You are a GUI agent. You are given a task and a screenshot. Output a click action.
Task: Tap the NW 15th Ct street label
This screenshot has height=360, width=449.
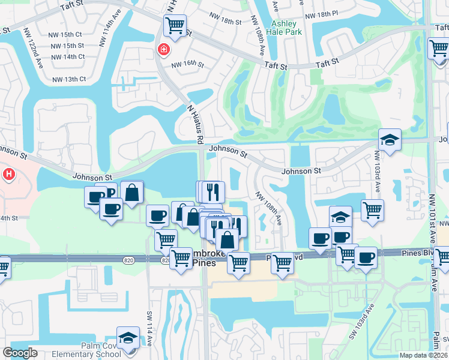[66, 35]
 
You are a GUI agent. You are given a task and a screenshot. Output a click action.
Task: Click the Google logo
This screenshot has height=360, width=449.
[20, 353]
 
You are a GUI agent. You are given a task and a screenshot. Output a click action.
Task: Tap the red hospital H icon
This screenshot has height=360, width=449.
[9, 175]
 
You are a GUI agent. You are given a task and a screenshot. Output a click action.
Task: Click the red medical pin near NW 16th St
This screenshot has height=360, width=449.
[162, 50]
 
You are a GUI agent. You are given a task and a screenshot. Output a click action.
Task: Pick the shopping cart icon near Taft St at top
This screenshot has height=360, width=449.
[175, 26]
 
